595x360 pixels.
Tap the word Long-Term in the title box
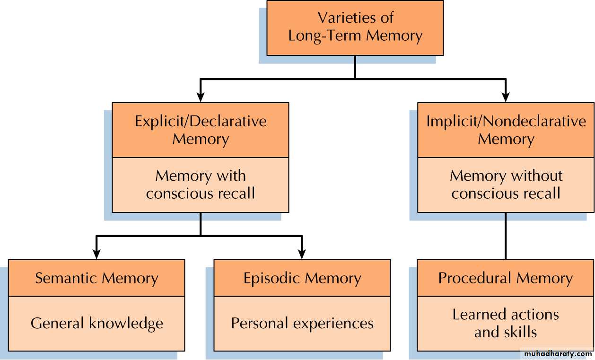point(325,35)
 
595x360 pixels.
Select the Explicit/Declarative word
point(201,121)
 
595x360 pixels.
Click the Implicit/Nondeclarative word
point(506,121)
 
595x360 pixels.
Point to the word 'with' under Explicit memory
point(231,176)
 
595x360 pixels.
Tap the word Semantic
point(66,278)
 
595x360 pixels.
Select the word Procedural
point(475,278)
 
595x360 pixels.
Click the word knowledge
point(126,323)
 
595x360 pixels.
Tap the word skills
point(521,332)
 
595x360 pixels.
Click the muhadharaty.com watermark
point(558,354)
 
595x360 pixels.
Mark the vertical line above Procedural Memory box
point(506,236)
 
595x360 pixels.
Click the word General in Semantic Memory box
point(57,323)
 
